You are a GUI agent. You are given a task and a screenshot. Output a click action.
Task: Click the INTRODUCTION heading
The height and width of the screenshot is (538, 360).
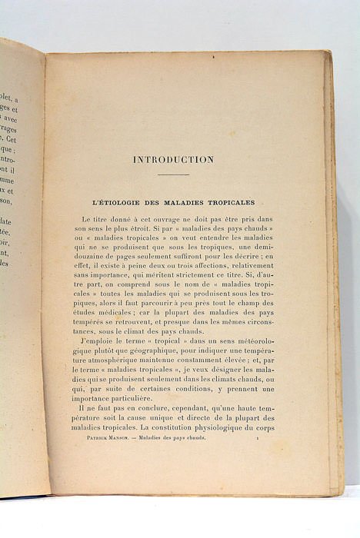tap(173, 160)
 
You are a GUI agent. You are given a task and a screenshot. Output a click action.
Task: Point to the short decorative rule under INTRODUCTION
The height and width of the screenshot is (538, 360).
tap(173, 175)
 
